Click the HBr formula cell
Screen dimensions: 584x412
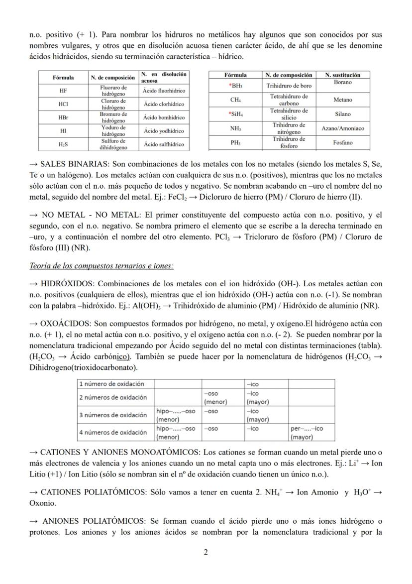coord(63,117)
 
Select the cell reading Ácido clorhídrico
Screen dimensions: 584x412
coord(163,104)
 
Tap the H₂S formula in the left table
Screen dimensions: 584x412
coord(63,144)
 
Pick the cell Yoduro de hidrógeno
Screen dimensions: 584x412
coord(113,131)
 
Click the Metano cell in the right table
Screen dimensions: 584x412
coord(343,100)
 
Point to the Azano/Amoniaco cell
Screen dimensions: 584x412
coord(343,128)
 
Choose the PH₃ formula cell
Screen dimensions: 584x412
coord(236,143)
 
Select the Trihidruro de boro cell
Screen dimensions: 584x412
coord(289,86)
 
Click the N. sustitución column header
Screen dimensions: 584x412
coord(343,75)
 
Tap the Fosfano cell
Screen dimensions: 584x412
coord(343,143)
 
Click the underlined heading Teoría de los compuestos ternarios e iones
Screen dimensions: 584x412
coord(102,266)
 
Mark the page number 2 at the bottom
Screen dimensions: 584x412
coord(206,552)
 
